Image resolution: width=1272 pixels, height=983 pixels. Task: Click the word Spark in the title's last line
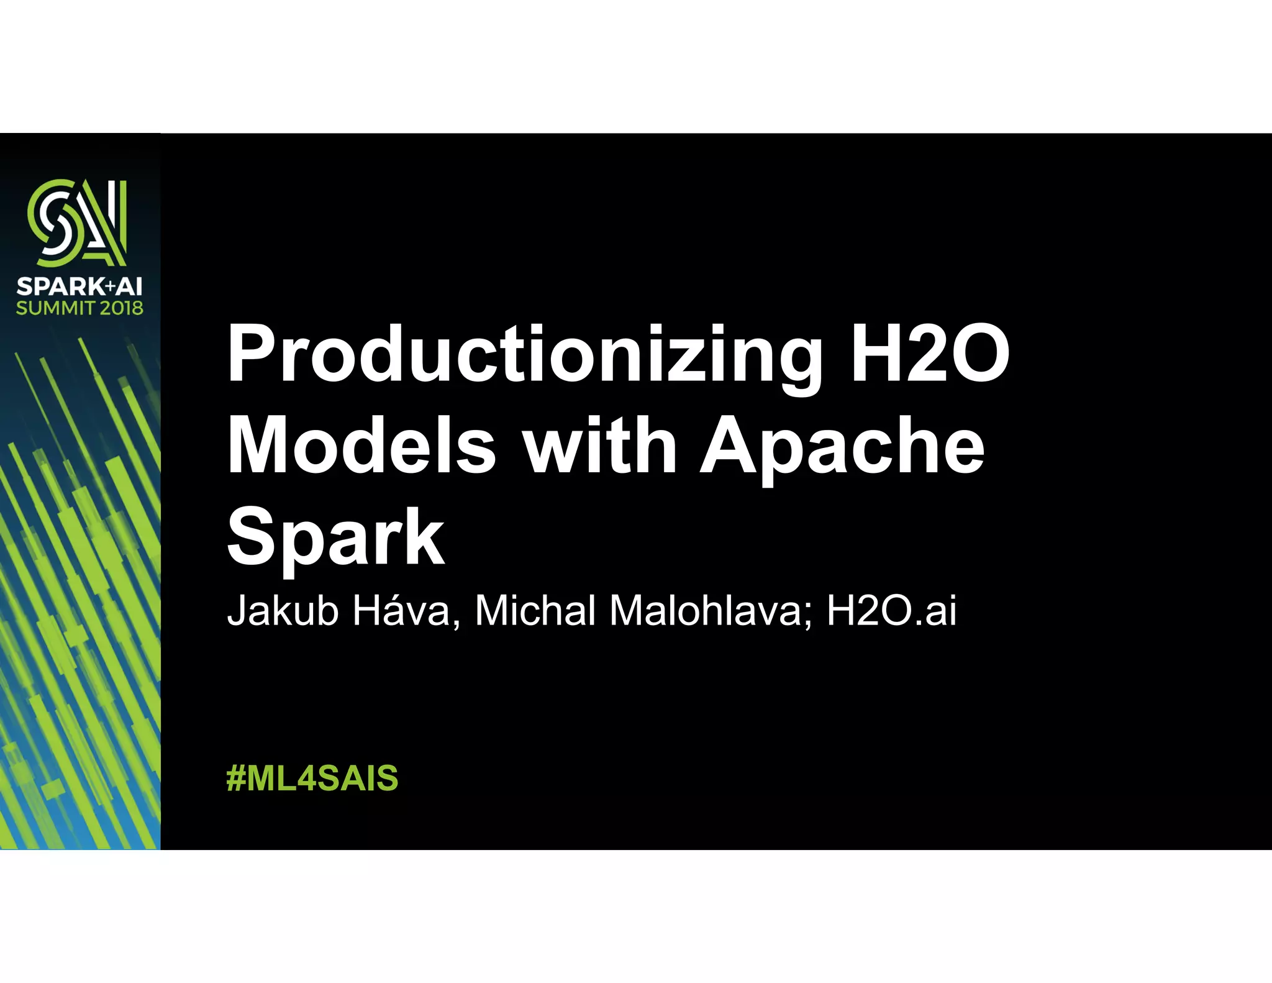[335, 538]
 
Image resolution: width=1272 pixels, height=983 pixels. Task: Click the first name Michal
[535, 610]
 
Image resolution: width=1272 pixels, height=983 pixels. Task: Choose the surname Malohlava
[706, 610]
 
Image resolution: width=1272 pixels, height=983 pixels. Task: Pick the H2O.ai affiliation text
[891, 610]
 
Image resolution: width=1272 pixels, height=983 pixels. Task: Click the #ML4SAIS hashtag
[312, 778]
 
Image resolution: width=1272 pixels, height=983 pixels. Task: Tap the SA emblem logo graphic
[78, 222]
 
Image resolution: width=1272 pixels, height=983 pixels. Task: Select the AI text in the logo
[130, 286]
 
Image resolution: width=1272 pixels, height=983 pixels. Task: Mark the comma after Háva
[457, 623]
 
